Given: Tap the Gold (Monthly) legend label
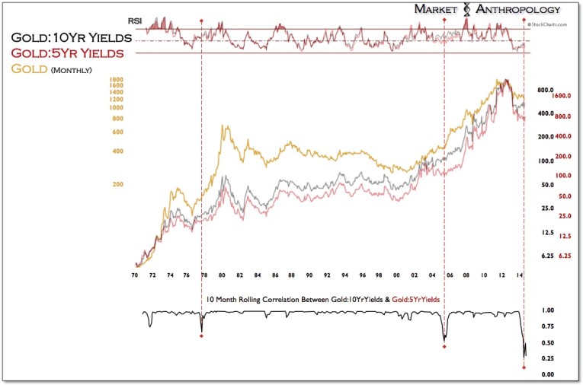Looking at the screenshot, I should pos(50,69).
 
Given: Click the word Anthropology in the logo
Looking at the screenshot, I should pos(518,10).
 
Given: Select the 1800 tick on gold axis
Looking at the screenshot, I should pos(116,80).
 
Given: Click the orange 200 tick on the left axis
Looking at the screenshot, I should pos(118,185).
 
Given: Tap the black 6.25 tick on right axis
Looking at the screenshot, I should pos(546,256).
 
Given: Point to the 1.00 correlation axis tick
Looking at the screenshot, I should pos(547,310).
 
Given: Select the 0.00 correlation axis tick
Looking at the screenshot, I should pos(547,374).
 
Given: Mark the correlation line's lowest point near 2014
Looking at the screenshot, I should pos(524,356).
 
